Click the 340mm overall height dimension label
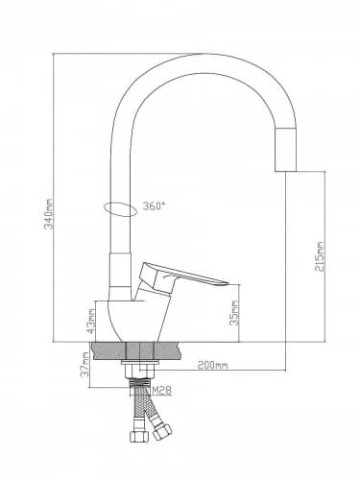(x=49, y=213)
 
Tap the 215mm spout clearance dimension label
(x=320, y=256)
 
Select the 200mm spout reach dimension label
(x=212, y=365)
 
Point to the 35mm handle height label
(x=234, y=313)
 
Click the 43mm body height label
(x=91, y=321)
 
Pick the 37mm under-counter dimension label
(x=84, y=365)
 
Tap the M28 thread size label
(x=162, y=390)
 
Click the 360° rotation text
(x=154, y=206)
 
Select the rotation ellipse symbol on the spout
(x=121, y=209)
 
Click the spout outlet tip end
(x=286, y=171)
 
